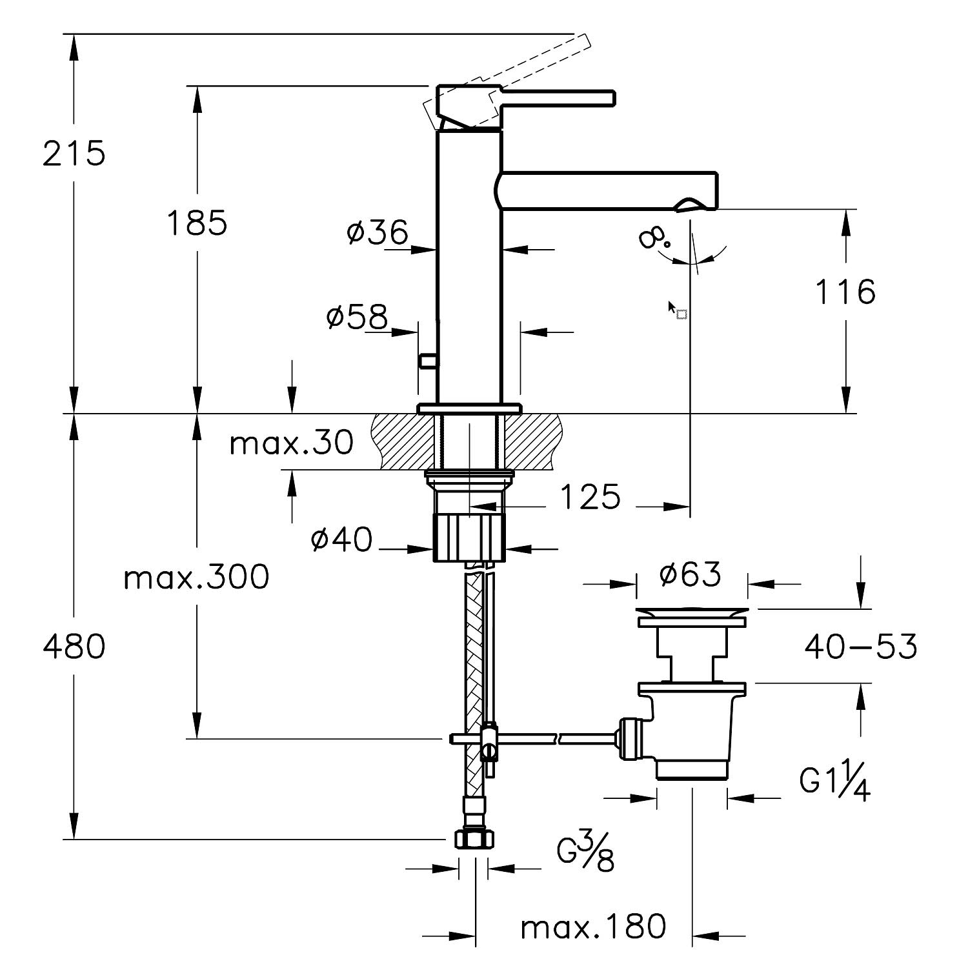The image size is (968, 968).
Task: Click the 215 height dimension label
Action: pyautogui.click(x=74, y=154)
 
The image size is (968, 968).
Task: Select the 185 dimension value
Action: pyautogui.click(x=197, y=223)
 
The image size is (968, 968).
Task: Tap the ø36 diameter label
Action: pyautogui.click(x=378, y=232)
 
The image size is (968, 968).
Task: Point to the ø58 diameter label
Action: pyautogui.click(x=358, y=317)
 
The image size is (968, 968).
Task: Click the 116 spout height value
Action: pyautogui.click(x=845, y=292)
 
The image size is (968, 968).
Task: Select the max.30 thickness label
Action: pyautogui.click(x=292, y=443)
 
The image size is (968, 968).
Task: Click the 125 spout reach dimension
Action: pyautogui.click(x=590, y=498)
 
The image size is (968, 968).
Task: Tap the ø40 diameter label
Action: pyautogui.click(x=341, y=539)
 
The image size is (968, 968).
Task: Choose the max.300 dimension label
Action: pyautogui.click(x=196, y=578)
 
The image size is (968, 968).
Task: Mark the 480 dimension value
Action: pyautogui.click(x=74, y=646)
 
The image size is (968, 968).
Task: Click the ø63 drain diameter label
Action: pyautogui.click(x=690, y=574)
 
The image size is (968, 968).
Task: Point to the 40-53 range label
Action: pyautogui.click(x=860, y=646)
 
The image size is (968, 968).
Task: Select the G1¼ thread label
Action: pyautogui.click(x=835, y=781)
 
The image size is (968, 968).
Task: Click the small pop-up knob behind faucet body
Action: pyautogui.click(x=427, y=361)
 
